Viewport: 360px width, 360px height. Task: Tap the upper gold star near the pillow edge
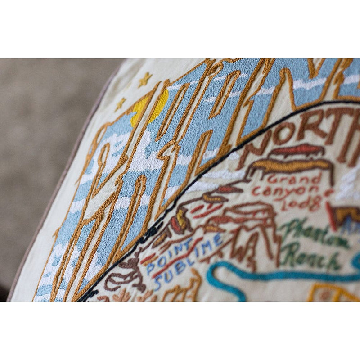pyautogui.click(x=145, y=80)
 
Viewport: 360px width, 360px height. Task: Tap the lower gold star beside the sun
pyautogui.click(x=120, y=104)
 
